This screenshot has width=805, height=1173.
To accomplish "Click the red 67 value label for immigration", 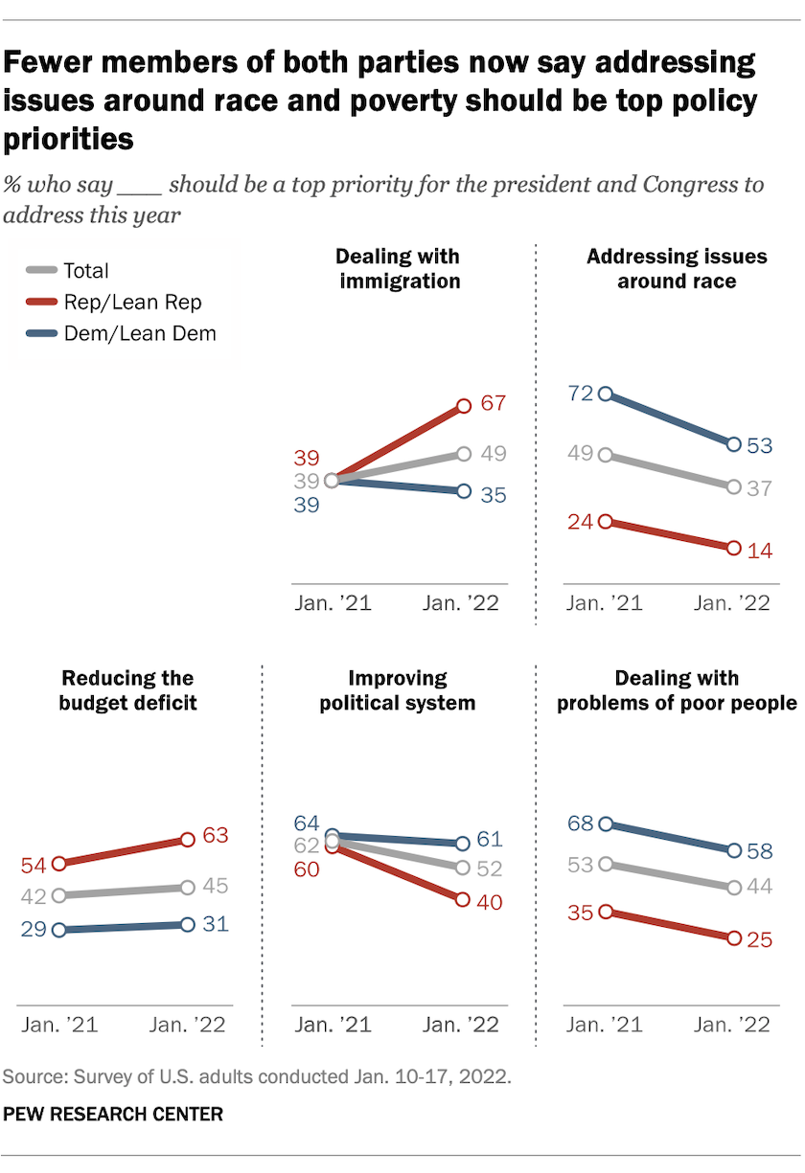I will pos(493,403).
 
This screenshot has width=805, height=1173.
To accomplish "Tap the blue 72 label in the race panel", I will pos(582,393).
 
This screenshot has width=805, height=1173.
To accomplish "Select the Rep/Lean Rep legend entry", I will pos(132,302).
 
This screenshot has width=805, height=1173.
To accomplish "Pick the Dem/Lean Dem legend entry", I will pos(139,333).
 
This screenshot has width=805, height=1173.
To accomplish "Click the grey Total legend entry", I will pos(85,271).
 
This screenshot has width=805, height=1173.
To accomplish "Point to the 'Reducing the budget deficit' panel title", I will pos(127,690).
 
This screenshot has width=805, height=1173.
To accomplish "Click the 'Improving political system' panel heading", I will pos(398,690).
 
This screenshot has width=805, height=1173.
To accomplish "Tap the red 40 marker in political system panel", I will pos(464,900).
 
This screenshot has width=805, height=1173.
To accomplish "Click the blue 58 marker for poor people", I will pos(734,850).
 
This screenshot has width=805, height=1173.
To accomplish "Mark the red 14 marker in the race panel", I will pos(734,548).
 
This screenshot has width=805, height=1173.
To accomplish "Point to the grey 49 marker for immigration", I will pos(464,454).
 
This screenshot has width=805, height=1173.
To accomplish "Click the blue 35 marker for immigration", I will pos(464,491).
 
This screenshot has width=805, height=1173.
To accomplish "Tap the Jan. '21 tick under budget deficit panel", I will pos(60,1024).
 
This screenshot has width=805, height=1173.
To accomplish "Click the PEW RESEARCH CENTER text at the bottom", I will pos(113,1115).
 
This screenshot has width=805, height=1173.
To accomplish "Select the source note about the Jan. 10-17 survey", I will pos(257,1075).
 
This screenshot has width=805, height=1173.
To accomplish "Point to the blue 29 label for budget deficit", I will pos(34,929).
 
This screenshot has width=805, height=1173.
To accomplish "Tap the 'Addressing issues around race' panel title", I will pos(677,268).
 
